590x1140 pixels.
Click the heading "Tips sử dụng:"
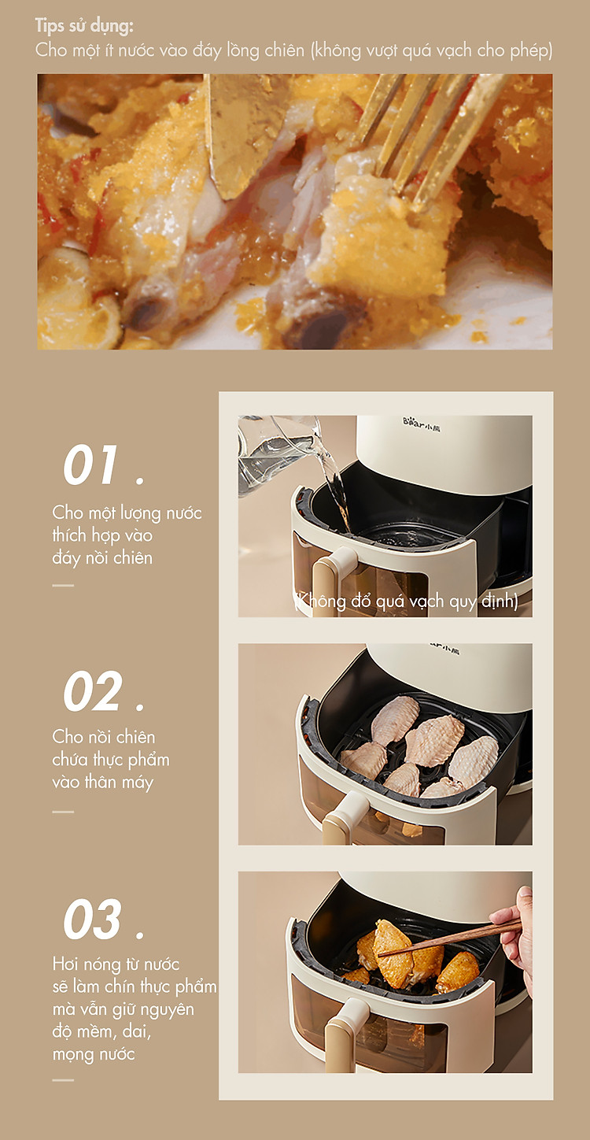[x=84, y=25]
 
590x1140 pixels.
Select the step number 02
[x=93, y=692]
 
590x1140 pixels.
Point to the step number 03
[x=93, y=920]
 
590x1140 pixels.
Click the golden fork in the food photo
[x=429, y=134]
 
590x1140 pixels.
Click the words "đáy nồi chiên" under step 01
[x=102, y=558]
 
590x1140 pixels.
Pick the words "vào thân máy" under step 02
[x=102, y=783]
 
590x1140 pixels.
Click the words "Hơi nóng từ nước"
[x=116, y=964]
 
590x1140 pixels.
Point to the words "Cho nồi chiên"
[x=104, y=737]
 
